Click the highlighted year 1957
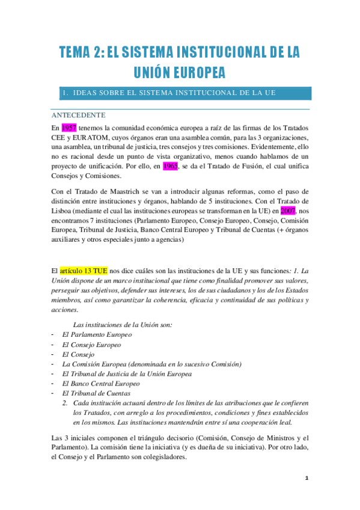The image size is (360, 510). click(69, 127)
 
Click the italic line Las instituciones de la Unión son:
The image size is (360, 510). click(127, 325)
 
